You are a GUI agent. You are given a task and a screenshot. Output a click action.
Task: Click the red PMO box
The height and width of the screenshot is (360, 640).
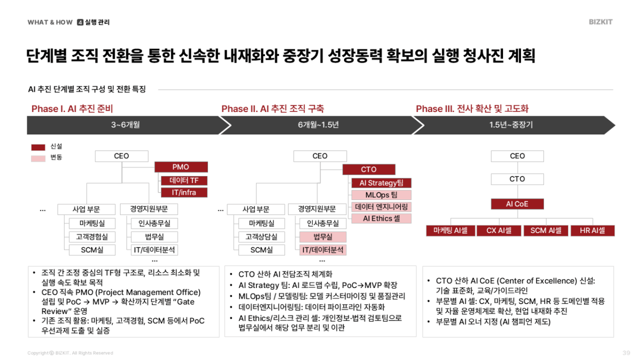pyautogui.click(x=180, y=167)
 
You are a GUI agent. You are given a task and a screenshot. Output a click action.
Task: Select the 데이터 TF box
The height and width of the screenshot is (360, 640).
pyautogui.click(x=184, y=180)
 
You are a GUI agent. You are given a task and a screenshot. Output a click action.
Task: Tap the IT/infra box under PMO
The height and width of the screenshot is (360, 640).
pyautogui.click(x=184, y=193)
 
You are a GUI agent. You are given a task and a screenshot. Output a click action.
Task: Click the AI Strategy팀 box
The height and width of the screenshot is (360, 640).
pyautogui.click(x=381, y=183)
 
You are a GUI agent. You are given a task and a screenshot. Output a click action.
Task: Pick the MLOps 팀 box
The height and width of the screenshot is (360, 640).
pyautogui.click(x=381, y=195)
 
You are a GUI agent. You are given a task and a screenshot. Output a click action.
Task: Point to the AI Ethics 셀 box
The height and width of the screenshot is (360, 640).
pyautogui.click(x=381, y=219)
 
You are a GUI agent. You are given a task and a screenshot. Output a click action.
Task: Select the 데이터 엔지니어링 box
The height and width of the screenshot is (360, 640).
pyautogui.click(x=381, y=207)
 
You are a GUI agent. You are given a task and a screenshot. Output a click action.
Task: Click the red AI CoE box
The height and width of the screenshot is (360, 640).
pyautogui.click(x=517, y=204)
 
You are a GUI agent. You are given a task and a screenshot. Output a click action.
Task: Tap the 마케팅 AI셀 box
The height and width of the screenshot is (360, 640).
pyautogui.click(x=451, y=231)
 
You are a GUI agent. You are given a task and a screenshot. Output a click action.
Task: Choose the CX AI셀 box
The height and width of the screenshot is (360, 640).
pyautogui.click(x=499, y=231)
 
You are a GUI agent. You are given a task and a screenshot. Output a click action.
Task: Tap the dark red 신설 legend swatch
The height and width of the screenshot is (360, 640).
pyautogui.click(x=38, y=147)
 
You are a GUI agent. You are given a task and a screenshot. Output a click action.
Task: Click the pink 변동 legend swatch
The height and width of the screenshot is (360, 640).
pyautogui.click(x=38, y=158)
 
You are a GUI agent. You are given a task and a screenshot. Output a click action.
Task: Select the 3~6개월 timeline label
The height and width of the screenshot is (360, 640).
pyautogui.click(x=125, y=125)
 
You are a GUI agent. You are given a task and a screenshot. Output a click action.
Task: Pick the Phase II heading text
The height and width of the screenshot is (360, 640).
pyautogui.click(x=273, y=109)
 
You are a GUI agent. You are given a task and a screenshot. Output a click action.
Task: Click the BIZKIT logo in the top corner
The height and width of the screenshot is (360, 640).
pyautogui.click(x=601, y=22)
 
